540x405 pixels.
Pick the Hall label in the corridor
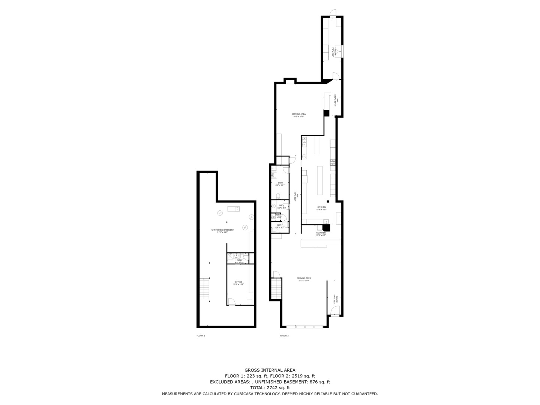[297, 196]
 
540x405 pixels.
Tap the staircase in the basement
[205, 288]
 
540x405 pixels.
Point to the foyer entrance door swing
[335, 310]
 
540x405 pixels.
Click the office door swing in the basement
[232, 301]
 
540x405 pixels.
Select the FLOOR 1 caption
[201, 336]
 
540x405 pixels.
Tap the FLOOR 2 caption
[284, 336]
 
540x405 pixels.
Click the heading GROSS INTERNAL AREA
[270, 370]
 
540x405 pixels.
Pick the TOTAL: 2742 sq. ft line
[270, 388]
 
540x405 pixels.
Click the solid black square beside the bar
[326, 112]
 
